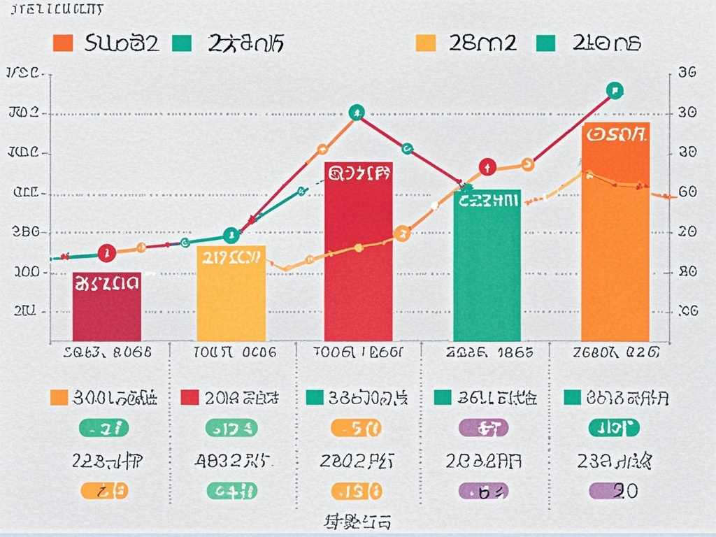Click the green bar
487,273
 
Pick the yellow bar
231,301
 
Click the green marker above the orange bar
615,90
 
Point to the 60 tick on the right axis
687,192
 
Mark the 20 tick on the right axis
687,232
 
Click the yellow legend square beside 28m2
426,43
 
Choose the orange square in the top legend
63,43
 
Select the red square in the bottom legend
189,398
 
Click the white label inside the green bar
488,201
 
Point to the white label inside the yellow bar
231,257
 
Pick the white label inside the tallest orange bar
615,134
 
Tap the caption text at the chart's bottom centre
358,521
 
